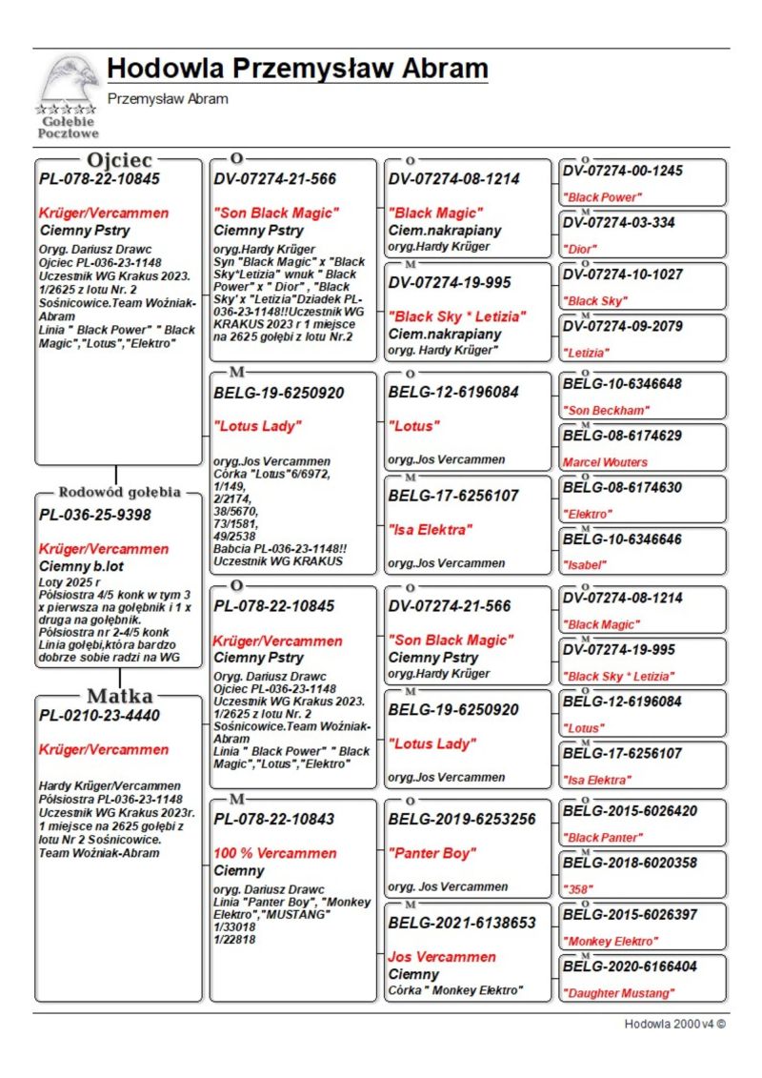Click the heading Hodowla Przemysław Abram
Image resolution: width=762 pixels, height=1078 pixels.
click(x=297, y=69)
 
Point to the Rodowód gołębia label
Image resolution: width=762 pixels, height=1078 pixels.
click(x=119, y=493)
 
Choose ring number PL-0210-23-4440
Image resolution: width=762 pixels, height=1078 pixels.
click(x=100, y=715)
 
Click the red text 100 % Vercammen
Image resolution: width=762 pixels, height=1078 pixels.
click(x=274, y=853)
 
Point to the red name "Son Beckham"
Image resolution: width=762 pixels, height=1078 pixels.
click(x=606, y=410)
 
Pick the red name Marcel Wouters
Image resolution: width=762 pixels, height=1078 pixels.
click(x=605, y=462)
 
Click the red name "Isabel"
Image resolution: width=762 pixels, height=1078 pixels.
click(x=585, y=564)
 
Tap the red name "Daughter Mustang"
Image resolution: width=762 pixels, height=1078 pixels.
click(x=618, y=993)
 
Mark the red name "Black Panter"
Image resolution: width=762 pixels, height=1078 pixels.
click(x=603, y=838)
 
